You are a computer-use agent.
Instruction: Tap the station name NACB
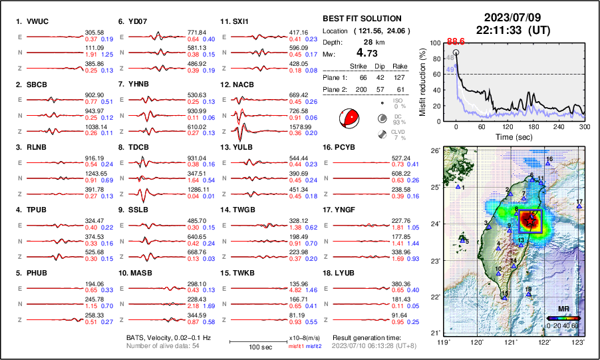[243, 84]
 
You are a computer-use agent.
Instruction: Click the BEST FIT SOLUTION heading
[361, 19]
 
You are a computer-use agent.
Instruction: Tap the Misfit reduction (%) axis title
[423, 81]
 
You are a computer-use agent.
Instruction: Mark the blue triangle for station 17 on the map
[579, 207]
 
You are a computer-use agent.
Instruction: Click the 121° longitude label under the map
[511, 342]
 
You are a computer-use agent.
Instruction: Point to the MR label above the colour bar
[563, 309]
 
